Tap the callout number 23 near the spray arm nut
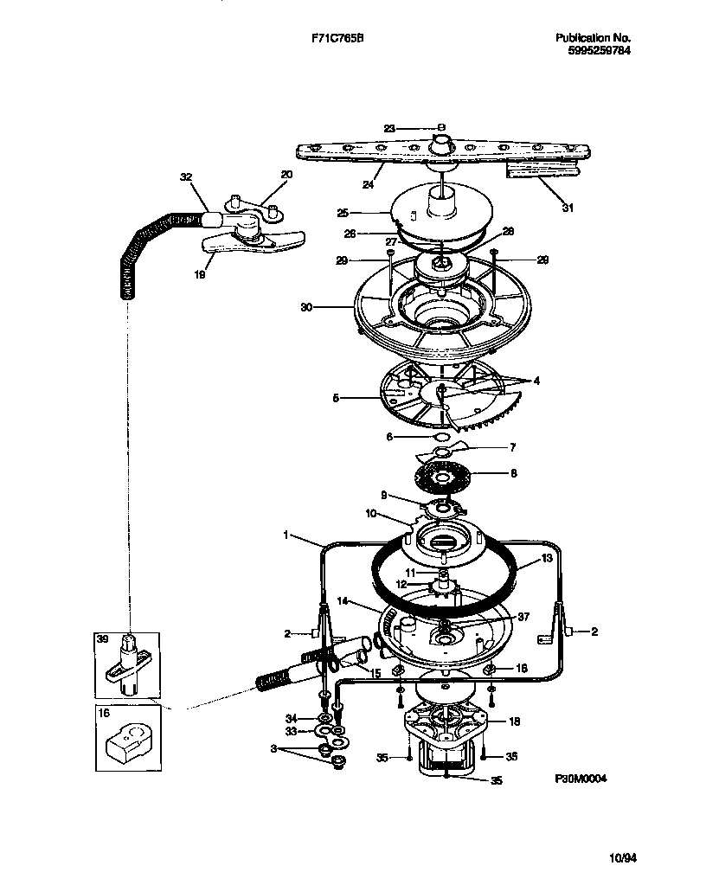(389, 128)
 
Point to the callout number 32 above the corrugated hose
(184, 176)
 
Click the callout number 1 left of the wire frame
(286, 535)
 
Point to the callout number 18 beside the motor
(513, 721)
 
